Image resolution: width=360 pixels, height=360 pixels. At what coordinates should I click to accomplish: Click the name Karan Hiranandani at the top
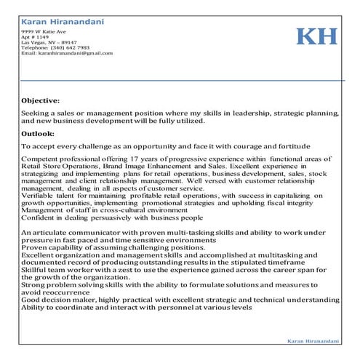click(x=62, y=21)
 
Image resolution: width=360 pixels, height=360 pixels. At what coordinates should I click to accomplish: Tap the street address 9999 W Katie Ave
click(x=44, y=32)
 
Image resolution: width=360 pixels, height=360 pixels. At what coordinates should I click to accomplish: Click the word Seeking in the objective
click(x=35, y=114)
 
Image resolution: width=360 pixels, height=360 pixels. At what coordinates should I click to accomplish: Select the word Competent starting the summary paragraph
click(x=41, y=159)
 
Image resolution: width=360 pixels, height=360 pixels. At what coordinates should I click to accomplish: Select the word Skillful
click(x=36, y=268)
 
